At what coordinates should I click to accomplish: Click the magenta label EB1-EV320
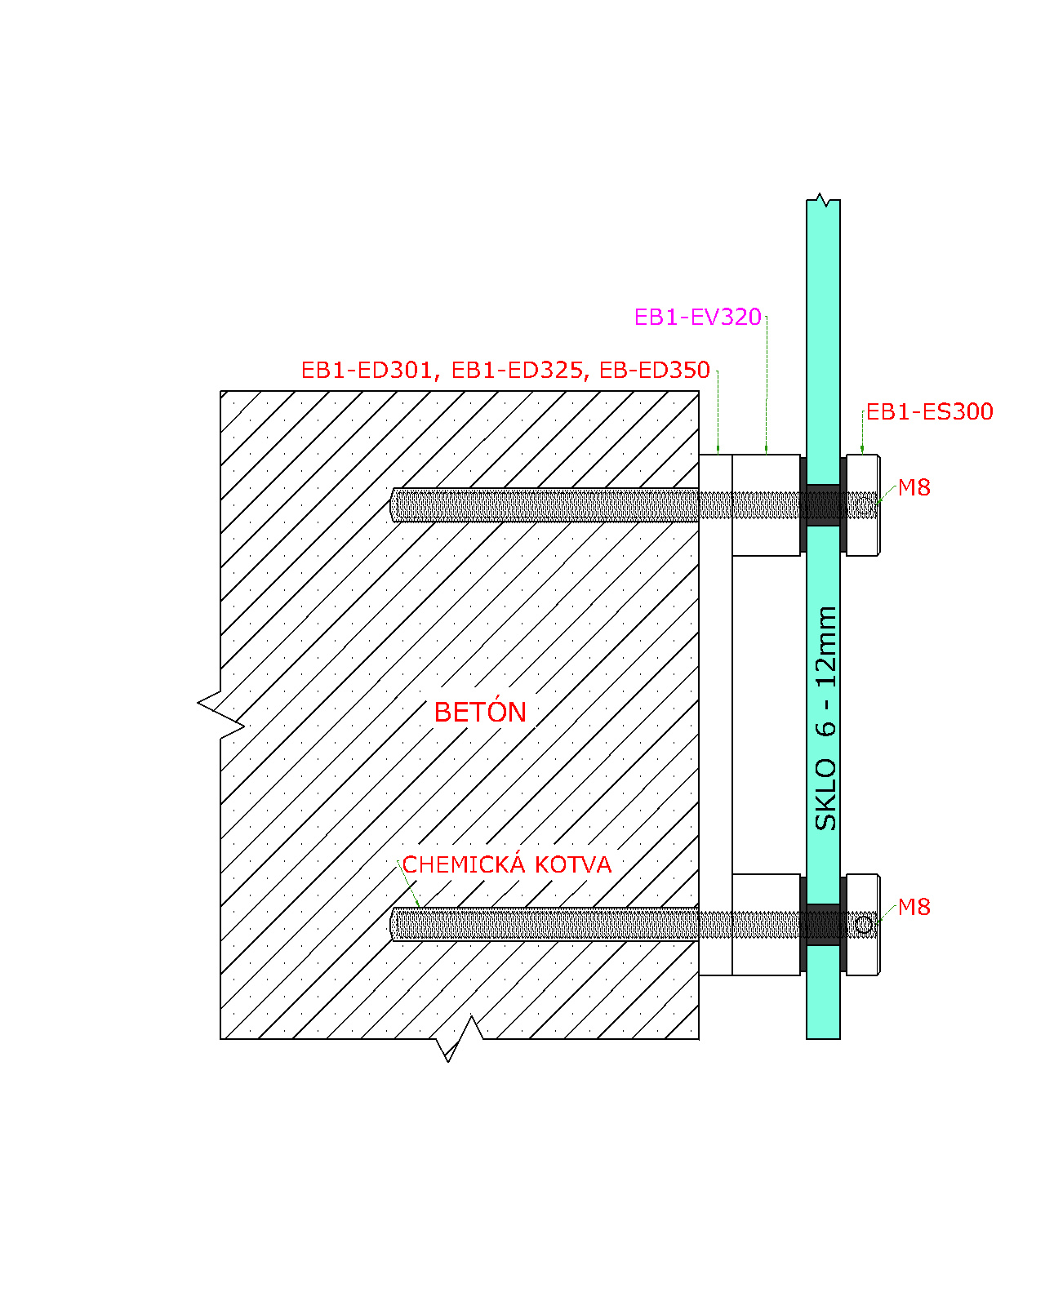click(x=697, y=317)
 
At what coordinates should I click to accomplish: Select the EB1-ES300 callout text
click(x=929, y=411)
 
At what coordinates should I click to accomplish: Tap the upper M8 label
click(x=914, y=486)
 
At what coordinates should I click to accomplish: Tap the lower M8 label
click(x=914, y=907)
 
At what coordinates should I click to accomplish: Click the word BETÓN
click(x=480, y=711)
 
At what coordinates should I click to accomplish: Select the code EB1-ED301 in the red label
click(x=367, y=371)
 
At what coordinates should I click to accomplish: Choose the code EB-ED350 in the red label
click(x=655, y=371)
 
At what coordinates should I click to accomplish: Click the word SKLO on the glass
click(x=825, y=794)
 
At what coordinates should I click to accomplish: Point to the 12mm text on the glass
click(x=825, y=647)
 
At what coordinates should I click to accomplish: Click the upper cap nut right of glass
click(x=863, y=505)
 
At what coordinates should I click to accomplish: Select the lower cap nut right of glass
click(x=863, y=925)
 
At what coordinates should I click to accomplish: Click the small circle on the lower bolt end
click(x=864, y=925)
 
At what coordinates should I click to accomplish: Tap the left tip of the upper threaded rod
click(x=390, y=505)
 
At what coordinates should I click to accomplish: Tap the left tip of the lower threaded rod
click(x=390, y=924)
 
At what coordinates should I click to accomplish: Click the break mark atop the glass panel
click(x=823, y=200)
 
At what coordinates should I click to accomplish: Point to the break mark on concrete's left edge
click(x=220, y=715)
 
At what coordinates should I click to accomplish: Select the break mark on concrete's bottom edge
click(x=459, y=1039)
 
